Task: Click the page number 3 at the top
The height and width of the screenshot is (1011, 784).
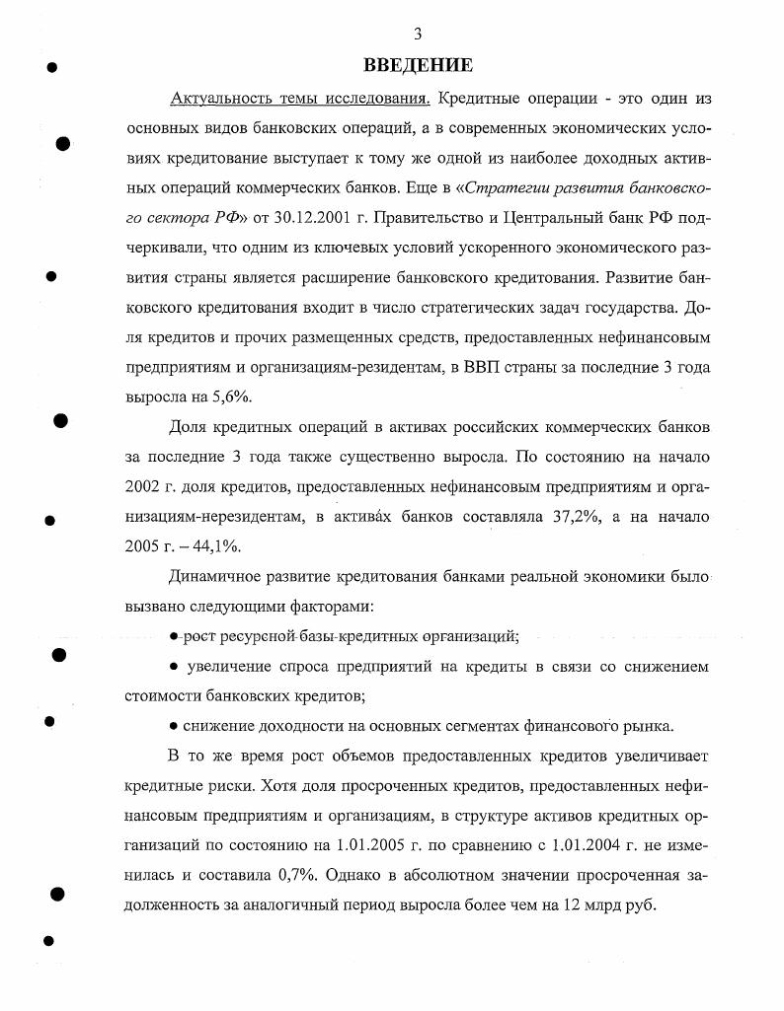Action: (x=418, y=34)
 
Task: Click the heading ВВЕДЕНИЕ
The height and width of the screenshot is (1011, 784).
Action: (x=418, y=65)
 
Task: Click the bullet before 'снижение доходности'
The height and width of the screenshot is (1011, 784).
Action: (x=174, y=727)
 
